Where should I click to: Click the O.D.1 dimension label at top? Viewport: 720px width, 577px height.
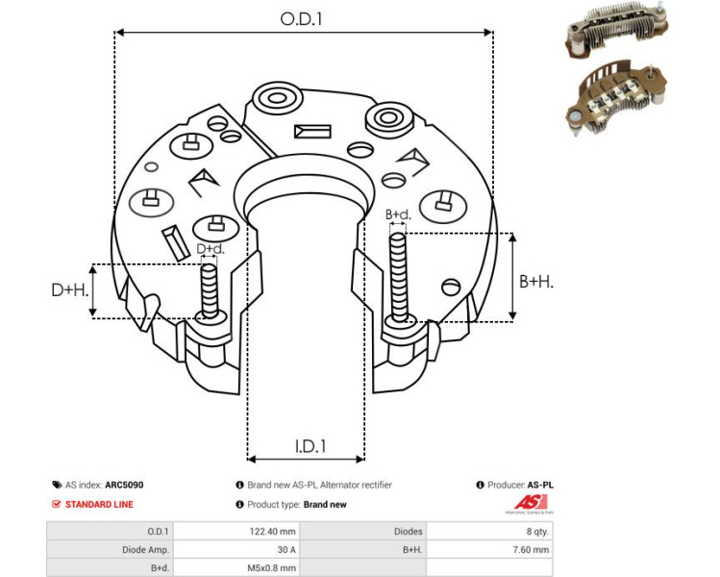coord(302,18)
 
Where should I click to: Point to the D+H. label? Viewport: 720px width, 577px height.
coord(70,289)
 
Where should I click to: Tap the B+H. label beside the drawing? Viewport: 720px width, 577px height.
coord(536,281)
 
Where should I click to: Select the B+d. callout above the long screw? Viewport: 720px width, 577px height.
coord(398,214)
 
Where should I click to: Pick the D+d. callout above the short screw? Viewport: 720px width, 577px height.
coord(211,249)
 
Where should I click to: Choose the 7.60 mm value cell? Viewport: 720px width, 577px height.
coord(530,550)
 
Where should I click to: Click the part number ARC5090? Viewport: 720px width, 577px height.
coord(125,486)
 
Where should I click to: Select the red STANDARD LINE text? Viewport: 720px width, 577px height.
coord(99,504)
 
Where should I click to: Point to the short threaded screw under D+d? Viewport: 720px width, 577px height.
coord(210,290)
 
